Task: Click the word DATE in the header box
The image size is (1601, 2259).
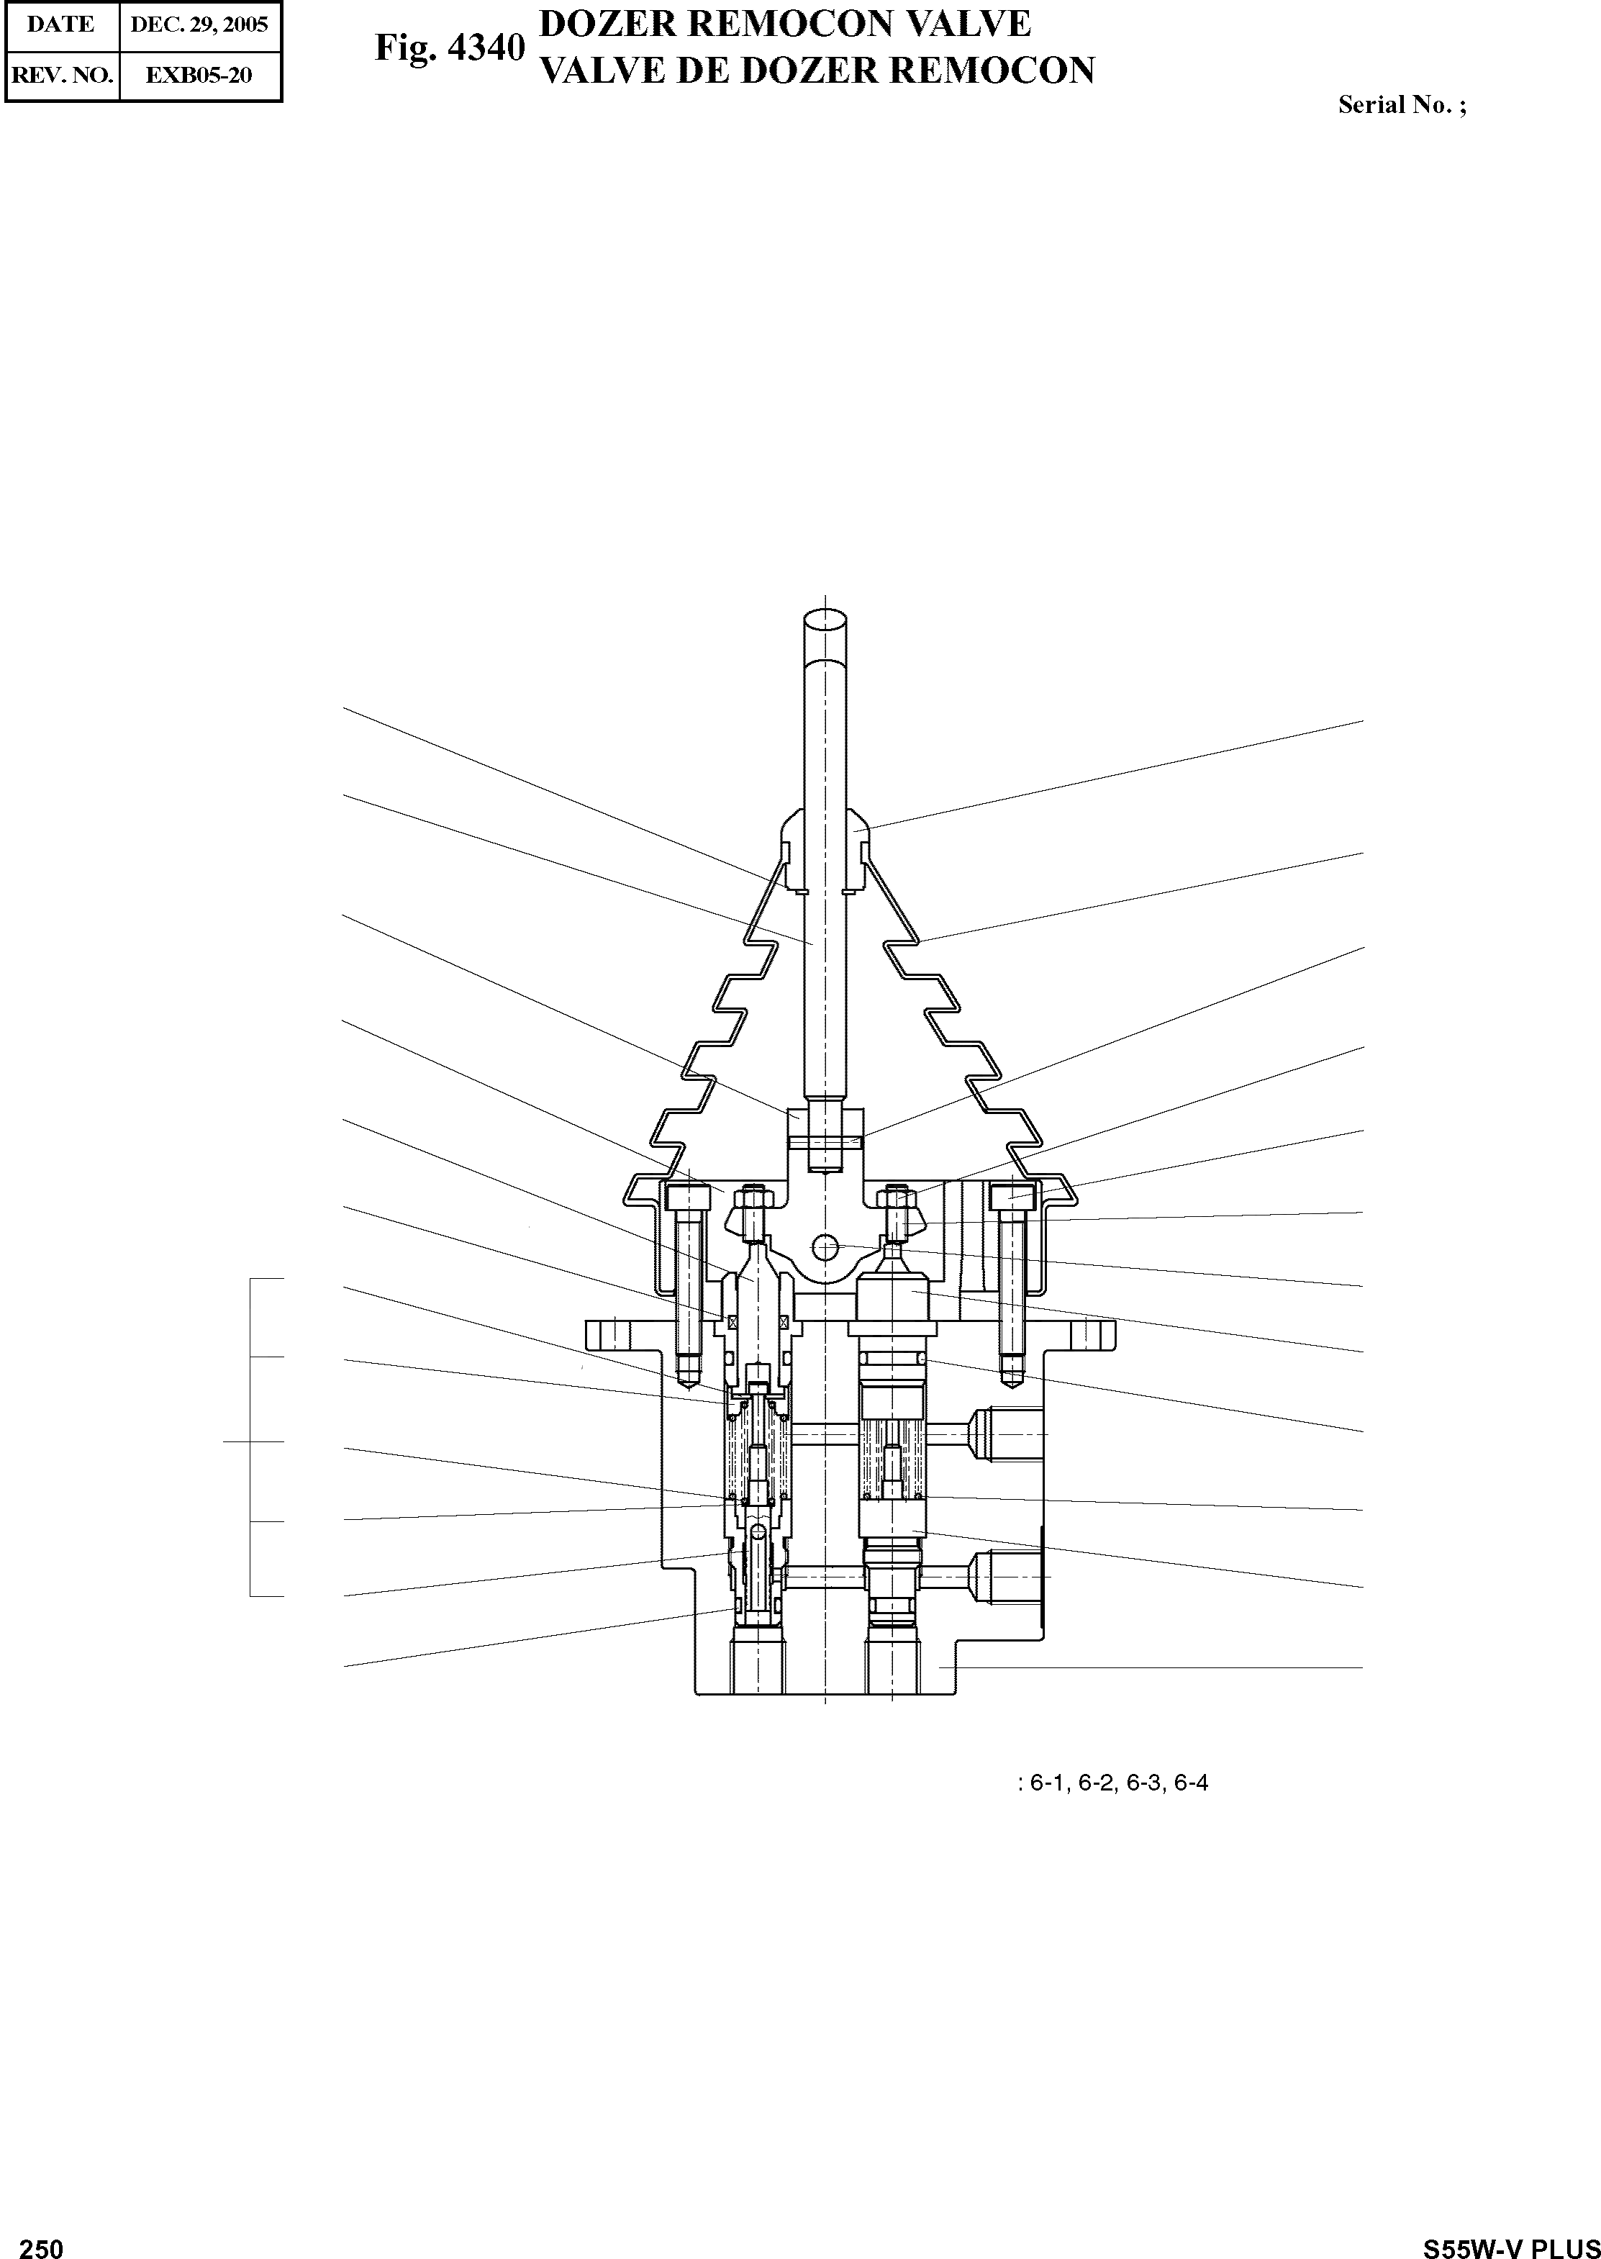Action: coord(60,24)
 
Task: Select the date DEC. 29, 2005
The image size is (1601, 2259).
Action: coord(199,24)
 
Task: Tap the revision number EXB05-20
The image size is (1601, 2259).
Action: coord(199,75)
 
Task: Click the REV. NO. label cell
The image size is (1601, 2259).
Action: coord(61,75)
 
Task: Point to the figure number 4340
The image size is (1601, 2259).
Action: coord(485,47)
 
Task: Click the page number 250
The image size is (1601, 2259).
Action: coord(42,2246)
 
